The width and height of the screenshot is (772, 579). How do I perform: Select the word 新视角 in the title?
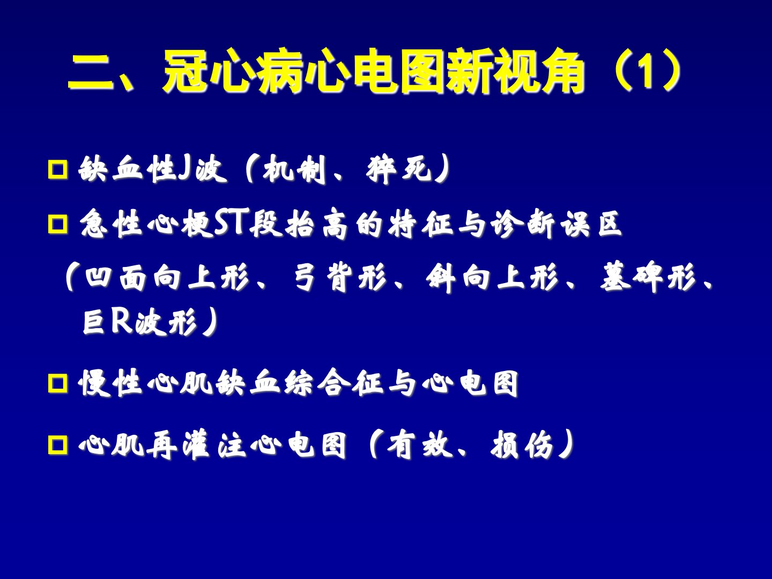[x=515, y=71]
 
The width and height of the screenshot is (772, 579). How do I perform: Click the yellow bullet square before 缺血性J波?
[x=58, y=169]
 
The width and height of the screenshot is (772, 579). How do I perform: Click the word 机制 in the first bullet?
[x=294, y=170]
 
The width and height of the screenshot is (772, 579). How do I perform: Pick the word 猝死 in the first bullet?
[x=398, y=170]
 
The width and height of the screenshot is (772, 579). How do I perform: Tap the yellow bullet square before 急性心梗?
[x=58, y=224]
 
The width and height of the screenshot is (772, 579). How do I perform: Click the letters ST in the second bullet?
[x=232, y=222]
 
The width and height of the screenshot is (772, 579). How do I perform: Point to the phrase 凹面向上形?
[x=167, y=278]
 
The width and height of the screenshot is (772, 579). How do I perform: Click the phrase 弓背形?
[x=339, y=278]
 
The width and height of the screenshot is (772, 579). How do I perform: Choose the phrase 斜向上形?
[x=492, y=278]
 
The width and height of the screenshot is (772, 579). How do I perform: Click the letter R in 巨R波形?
[x=121, y=321]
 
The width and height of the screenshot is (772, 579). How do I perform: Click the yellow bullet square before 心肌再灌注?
[x=58, y=445]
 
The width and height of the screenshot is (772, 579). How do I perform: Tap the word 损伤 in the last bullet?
[x=522, y=445]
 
